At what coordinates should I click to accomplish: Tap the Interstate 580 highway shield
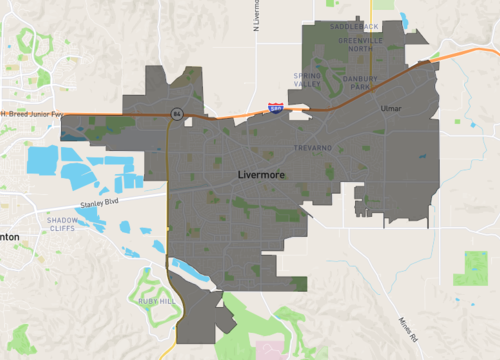[x=275, y=106]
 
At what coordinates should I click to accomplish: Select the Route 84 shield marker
[x=175, y=114]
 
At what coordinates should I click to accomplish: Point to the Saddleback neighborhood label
[x=356, y=28]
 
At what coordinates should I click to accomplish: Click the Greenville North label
[x=354, y=44]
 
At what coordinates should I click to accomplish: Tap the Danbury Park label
[x=359, y=82]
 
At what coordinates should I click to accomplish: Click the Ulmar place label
[x=390, y=107]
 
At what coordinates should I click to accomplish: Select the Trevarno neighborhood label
[x=312, y=147]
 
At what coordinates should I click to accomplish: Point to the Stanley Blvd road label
[x=99, y=202]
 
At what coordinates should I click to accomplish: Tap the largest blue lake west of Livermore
[x=43, y=158]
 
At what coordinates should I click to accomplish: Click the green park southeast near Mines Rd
[x=470, y=265]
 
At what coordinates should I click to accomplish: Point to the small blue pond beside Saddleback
[x=405, y=20]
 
